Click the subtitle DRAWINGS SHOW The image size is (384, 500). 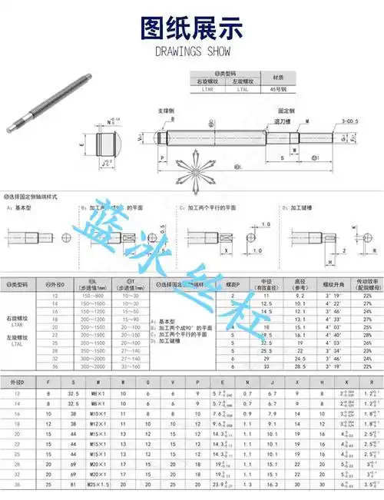(x=192, y=53)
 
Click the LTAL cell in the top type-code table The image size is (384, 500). (x=243, y=90)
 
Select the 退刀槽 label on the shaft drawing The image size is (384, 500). (x=283, y=120)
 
